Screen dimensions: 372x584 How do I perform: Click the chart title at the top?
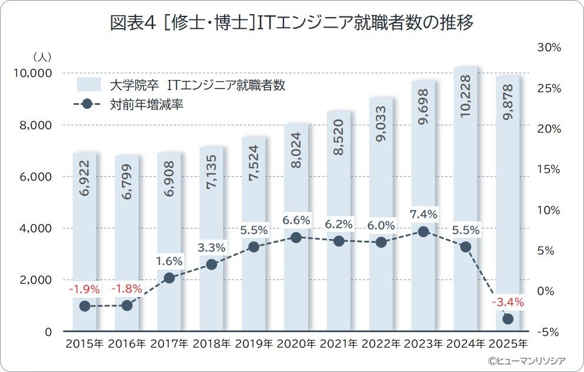(292, 23)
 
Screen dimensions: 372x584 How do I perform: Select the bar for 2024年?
(465, 199)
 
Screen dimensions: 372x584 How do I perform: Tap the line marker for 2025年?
(508, 319)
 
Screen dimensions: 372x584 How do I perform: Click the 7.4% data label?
(423, 214)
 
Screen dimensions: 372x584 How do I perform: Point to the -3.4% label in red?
(508, 302)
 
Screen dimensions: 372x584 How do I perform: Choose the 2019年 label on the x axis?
(255, 344)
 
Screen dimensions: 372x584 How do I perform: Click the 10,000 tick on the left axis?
(32, 73)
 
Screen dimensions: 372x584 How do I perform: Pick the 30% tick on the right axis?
(549, 47)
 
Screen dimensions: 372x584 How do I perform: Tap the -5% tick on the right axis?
(549, 332)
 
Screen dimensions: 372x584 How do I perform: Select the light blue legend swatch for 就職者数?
(89, 85)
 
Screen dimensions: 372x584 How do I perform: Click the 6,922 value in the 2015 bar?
(85, 178)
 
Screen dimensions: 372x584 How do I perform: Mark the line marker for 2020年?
(296, 237)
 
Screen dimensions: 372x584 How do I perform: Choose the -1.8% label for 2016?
(127, 289)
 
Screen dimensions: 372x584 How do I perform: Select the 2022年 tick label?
(382, 344)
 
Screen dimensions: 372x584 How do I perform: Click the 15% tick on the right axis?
(549, 169)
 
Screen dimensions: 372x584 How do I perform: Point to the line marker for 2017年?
(169, 278)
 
